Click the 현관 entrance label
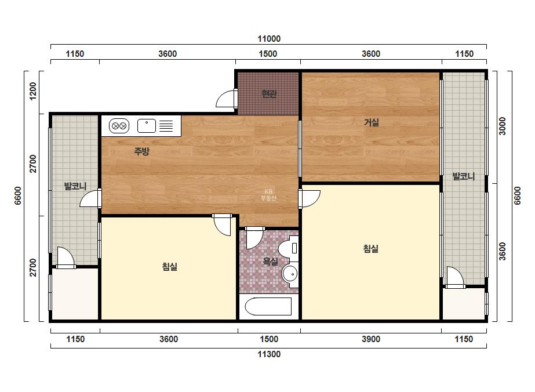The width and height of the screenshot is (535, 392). [269, 93]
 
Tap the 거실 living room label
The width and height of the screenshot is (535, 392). [371, 122]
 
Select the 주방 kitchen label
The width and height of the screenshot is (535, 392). [141, 151]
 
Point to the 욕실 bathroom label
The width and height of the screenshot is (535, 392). [270, 262]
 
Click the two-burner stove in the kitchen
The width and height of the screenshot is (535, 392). [119, 126]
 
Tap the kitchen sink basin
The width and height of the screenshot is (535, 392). [147, 126]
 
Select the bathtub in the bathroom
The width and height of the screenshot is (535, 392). [268, 307]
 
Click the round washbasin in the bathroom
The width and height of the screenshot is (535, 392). [290, 274]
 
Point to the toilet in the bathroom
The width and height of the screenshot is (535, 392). [289, 248]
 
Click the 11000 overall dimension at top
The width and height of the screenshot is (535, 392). [269, 39]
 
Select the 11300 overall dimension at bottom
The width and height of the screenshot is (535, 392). [269, 354]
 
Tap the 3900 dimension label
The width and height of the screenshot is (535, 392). [371, 339]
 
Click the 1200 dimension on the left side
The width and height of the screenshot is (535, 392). [33, 91]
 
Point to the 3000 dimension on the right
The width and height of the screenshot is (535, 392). [503, 126]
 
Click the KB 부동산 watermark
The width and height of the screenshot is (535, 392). [268, 195]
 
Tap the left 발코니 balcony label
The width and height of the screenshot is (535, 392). [75, 186]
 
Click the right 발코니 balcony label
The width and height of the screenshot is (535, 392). [463, 176]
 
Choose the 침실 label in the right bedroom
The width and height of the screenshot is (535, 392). [371, 248]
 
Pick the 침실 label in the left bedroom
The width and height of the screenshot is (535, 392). [170, 266]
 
